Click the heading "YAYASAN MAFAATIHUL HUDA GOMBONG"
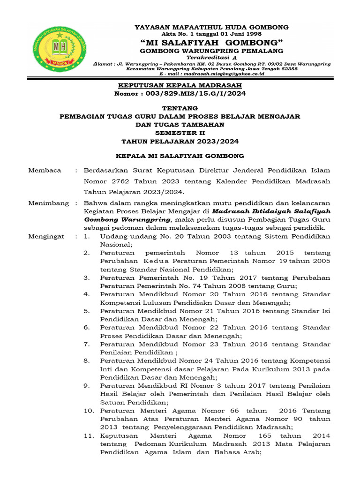point(211,27)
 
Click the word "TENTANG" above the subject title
point(180,108)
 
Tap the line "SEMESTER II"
point(180,133)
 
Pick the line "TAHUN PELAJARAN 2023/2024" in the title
point(180,141)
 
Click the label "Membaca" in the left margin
point(45,170)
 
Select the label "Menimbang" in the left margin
point(48,203)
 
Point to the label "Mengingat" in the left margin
point(46,237)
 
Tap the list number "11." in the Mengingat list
point(90,435)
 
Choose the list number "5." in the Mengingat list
point(87,310)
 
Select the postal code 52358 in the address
point(288,68)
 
